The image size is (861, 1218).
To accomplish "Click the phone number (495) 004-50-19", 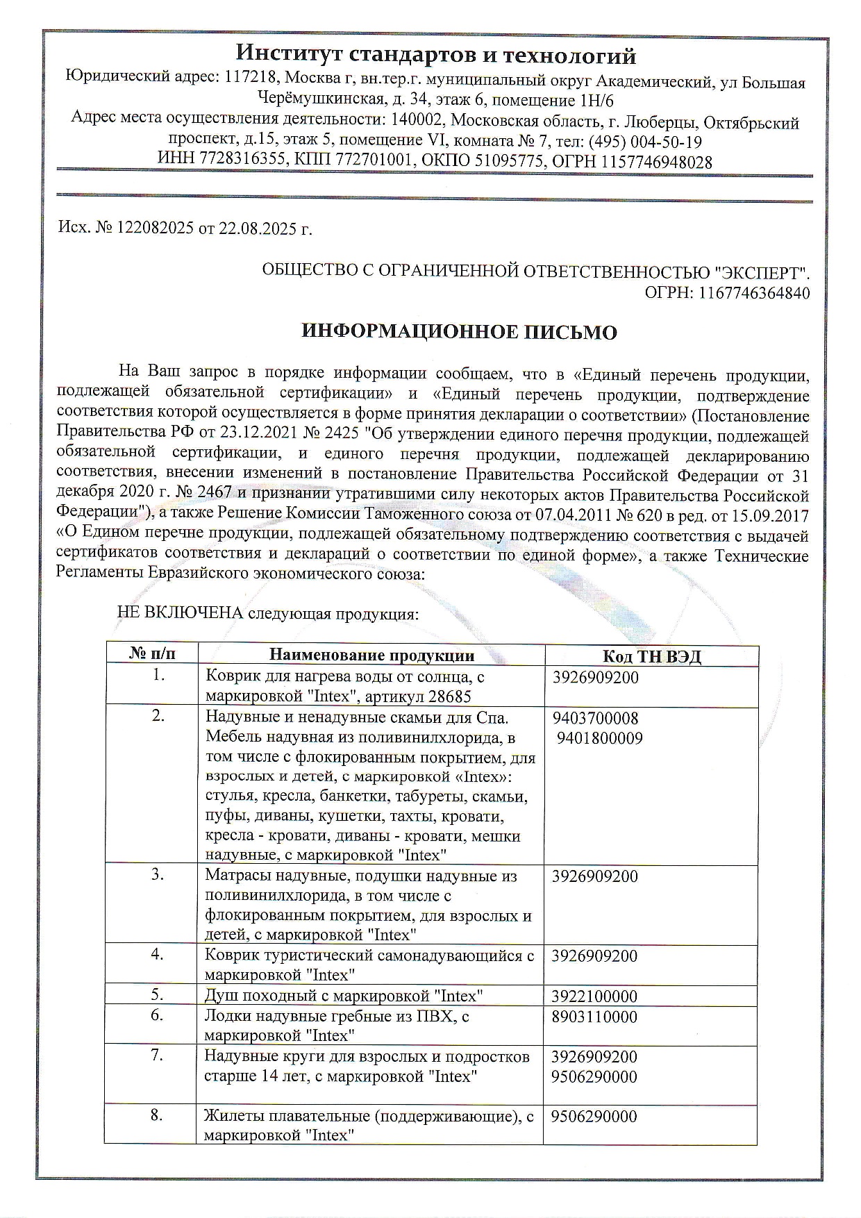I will tap(645, 142).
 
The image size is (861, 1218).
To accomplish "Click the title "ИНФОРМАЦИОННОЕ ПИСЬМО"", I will tap(460, 332).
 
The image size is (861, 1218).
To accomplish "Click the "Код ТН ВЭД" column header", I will tap(651, 656).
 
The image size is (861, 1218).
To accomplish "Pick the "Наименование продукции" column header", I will tap(371, 656).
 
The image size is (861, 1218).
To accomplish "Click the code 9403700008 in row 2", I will tap(595, 718).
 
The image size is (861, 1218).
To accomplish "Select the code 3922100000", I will tap(594, 996).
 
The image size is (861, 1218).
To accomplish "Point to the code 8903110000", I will tap(594, 1017).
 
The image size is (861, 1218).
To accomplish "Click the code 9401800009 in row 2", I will tap(599, 738).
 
